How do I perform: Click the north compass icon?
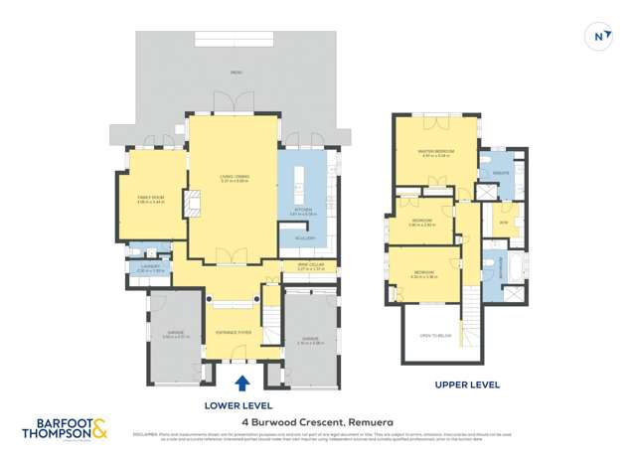click(x=600, y=36)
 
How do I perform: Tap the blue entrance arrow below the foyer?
click(x=241, y=383)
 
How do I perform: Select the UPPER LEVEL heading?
click(x=467, y=385)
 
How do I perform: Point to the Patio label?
click(x=236, y=73)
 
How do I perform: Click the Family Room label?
click(x=152, y=199)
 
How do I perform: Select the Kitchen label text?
click(x=302, y=212)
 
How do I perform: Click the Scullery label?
click(x=305, y=238)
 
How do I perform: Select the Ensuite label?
click(x=500, y=171)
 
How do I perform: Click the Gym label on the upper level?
click(x=503, y=222)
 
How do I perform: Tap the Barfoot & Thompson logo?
click(x=66, y=429)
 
